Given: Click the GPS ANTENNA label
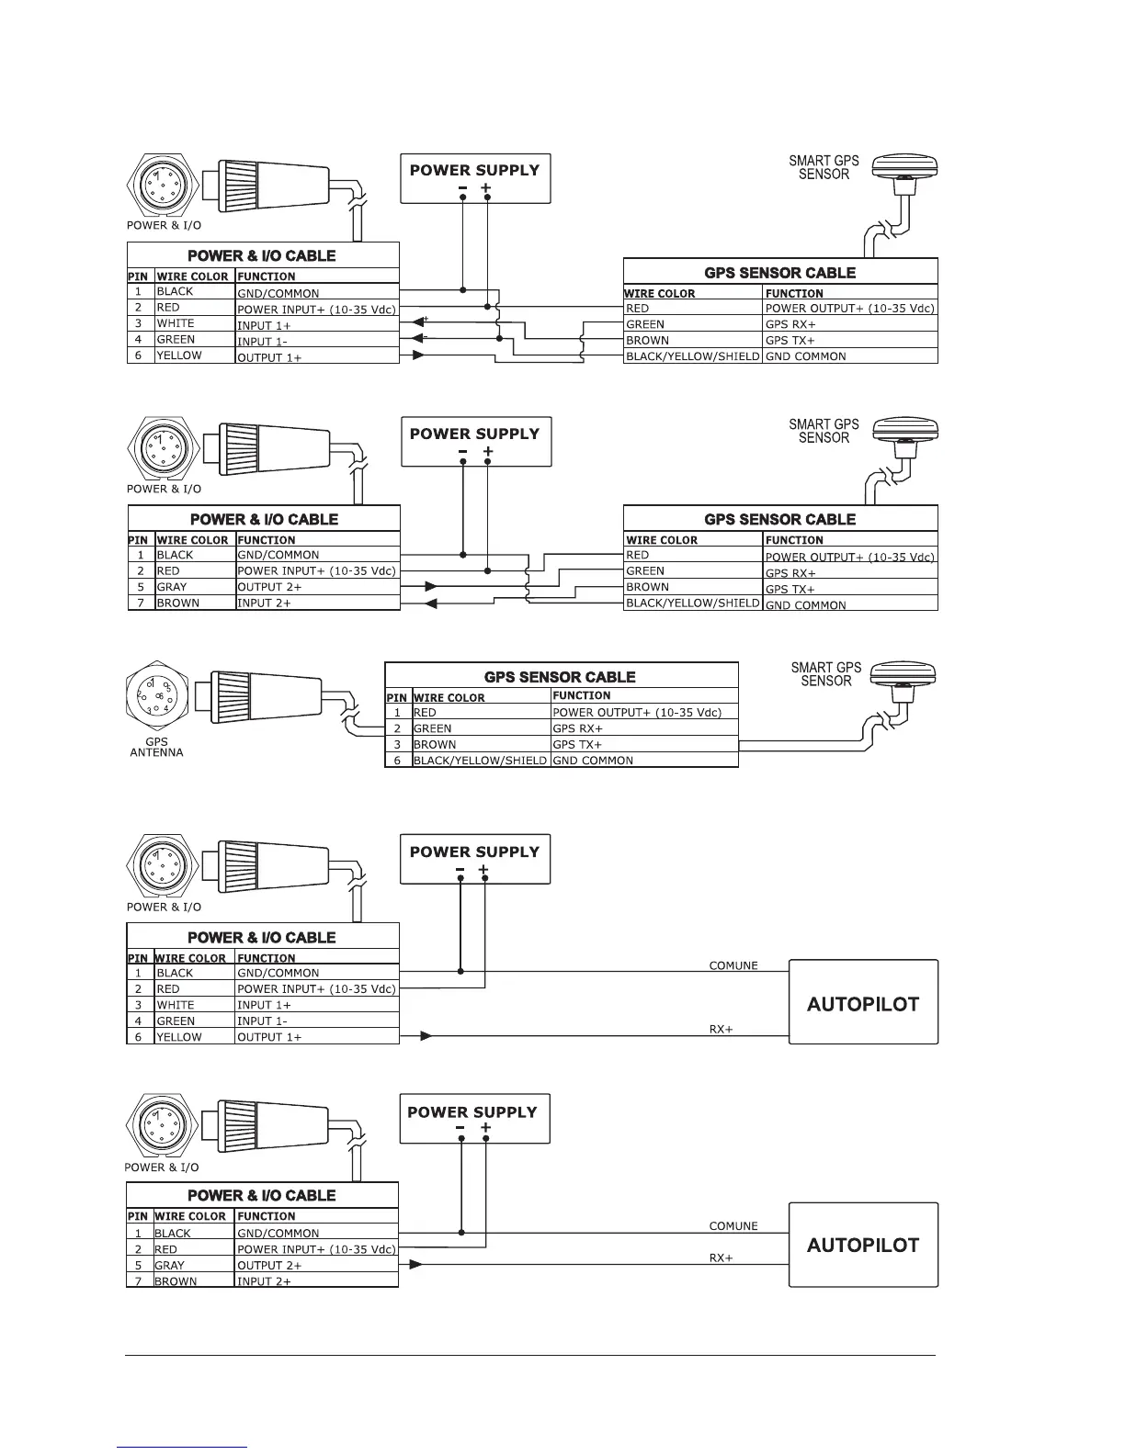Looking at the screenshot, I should (156, 747).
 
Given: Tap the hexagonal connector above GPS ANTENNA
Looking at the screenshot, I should (157, 697).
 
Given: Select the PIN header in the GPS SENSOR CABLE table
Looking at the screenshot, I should (396, 697).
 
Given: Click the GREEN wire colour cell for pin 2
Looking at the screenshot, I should (433, 728).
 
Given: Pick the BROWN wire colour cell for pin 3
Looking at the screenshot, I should (435, 744).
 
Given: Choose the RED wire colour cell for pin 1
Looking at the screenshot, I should (425, 712).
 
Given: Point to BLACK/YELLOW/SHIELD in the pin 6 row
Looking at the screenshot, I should (479, 761).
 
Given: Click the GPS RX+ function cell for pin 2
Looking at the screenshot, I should (577, 728).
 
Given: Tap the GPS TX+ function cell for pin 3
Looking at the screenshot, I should (577, 744).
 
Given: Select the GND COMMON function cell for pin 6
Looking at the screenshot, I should (593, 761).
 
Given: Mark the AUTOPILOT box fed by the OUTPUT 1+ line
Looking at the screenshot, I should (863, 1003).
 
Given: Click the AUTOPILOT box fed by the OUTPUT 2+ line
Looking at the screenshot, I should (863, 1245).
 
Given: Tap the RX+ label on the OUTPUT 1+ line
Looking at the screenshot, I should (721, 1030).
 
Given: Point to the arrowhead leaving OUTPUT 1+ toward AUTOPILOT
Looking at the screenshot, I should (426, 1036).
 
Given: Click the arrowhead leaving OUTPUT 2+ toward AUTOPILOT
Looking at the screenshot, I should (415, 1265).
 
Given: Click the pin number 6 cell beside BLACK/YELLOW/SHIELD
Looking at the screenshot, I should (397, 761).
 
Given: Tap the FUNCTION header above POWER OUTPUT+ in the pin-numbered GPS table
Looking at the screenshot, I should (582, 695).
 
